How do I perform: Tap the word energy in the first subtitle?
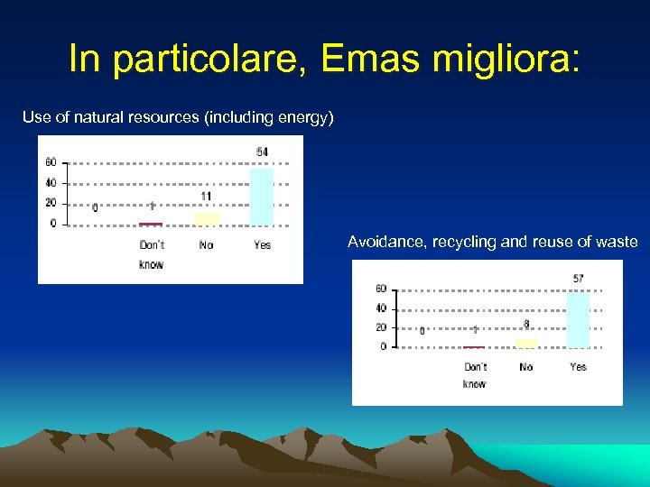(302, 117)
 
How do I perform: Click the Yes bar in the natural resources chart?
(262, 196)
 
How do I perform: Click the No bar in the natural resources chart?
(207, 218)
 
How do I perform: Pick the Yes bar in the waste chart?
(578, 319)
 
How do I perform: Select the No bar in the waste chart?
(526, 344)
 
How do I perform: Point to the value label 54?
(262, 152)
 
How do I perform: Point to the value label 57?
(578, 279)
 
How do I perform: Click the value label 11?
(207, 196)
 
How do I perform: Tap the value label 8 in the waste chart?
(526, 325)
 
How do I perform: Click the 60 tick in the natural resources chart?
(51, 162)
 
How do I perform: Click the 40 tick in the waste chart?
(380, 308)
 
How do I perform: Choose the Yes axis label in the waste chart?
(578, 366)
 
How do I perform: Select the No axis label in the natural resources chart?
(206, 245)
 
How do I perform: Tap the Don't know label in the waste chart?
(475, 375)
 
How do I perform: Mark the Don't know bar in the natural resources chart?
(151, 223)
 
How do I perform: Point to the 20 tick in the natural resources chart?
(51, 203)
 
